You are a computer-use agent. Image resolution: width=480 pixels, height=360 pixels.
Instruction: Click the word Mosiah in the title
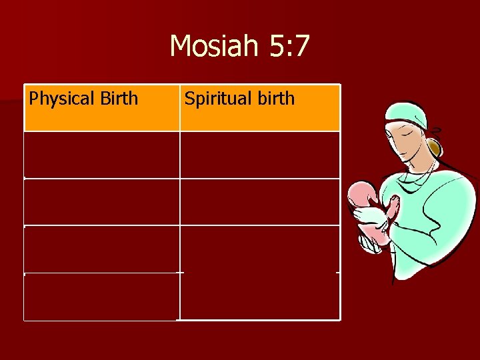(211, 47)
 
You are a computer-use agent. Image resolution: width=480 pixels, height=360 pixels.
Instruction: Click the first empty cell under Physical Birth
(101, 155)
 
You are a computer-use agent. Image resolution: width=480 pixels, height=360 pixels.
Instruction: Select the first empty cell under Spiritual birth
(259, 155)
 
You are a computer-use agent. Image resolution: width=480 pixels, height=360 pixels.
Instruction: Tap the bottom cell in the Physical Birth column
(101, 297)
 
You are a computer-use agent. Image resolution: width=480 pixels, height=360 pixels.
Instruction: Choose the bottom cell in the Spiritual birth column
(259, 297)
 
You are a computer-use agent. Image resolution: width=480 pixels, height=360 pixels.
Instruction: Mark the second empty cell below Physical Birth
(101, 202)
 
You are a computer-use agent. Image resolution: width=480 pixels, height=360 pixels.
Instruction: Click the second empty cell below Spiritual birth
(259, 202)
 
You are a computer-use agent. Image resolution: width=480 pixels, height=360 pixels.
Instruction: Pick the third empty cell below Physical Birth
(101, 249)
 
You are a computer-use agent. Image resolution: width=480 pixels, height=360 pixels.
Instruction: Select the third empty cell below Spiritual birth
(259, 249)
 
